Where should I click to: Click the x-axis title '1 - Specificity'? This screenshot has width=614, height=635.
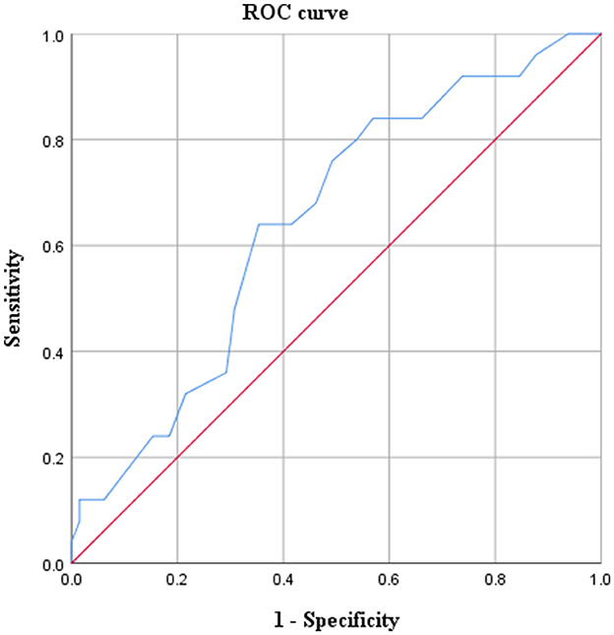[x=336, y=620]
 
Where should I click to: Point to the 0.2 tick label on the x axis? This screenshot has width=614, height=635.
[x=177, y=582]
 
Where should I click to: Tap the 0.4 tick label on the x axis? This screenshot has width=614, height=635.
[x=283, y=582]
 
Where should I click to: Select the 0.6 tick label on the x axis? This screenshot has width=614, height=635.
[x=389, y=582]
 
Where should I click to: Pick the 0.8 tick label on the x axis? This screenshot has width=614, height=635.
[x=495, y=582]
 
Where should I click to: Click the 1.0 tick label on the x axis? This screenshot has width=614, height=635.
[x=599, y=582]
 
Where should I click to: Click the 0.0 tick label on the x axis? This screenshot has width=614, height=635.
[x=72, y=582]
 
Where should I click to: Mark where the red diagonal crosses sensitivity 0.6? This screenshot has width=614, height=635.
[x=389, y=246]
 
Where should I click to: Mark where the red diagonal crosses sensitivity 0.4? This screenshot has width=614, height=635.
[x=283, y=351]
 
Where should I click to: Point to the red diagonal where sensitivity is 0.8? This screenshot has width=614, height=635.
[x=495, y=140]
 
